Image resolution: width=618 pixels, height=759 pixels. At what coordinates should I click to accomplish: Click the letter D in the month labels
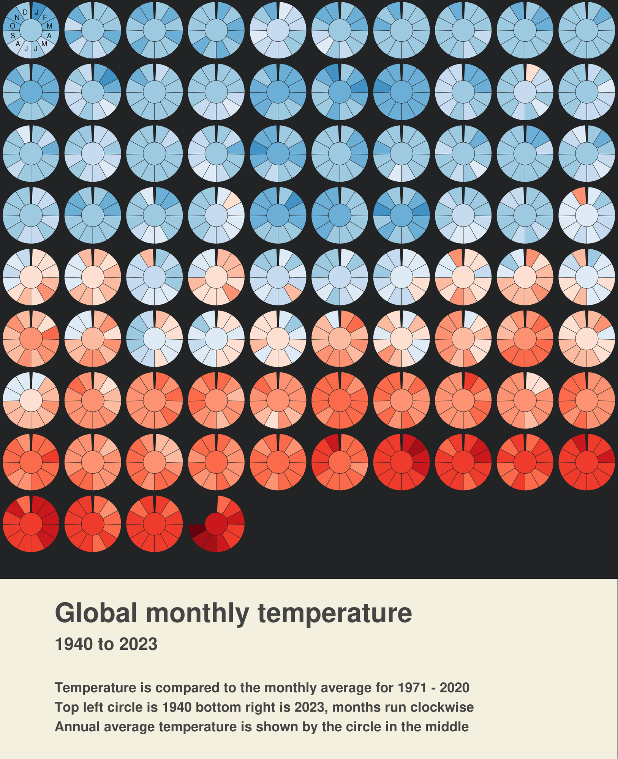click(25, 12)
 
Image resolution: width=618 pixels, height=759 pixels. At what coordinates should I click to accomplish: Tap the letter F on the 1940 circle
click(45, 17)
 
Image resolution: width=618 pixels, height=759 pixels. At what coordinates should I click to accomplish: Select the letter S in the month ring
click(13, 36)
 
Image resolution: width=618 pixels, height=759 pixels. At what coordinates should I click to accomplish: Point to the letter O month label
click(13, 26)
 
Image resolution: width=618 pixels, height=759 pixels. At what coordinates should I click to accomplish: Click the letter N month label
click(17, 17)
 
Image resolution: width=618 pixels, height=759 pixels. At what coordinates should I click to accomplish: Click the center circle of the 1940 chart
click(31, 30)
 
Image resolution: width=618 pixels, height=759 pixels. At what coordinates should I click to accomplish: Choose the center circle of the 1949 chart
click(586, 30)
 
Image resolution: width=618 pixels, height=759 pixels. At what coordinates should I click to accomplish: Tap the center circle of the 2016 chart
click(401, 463)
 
